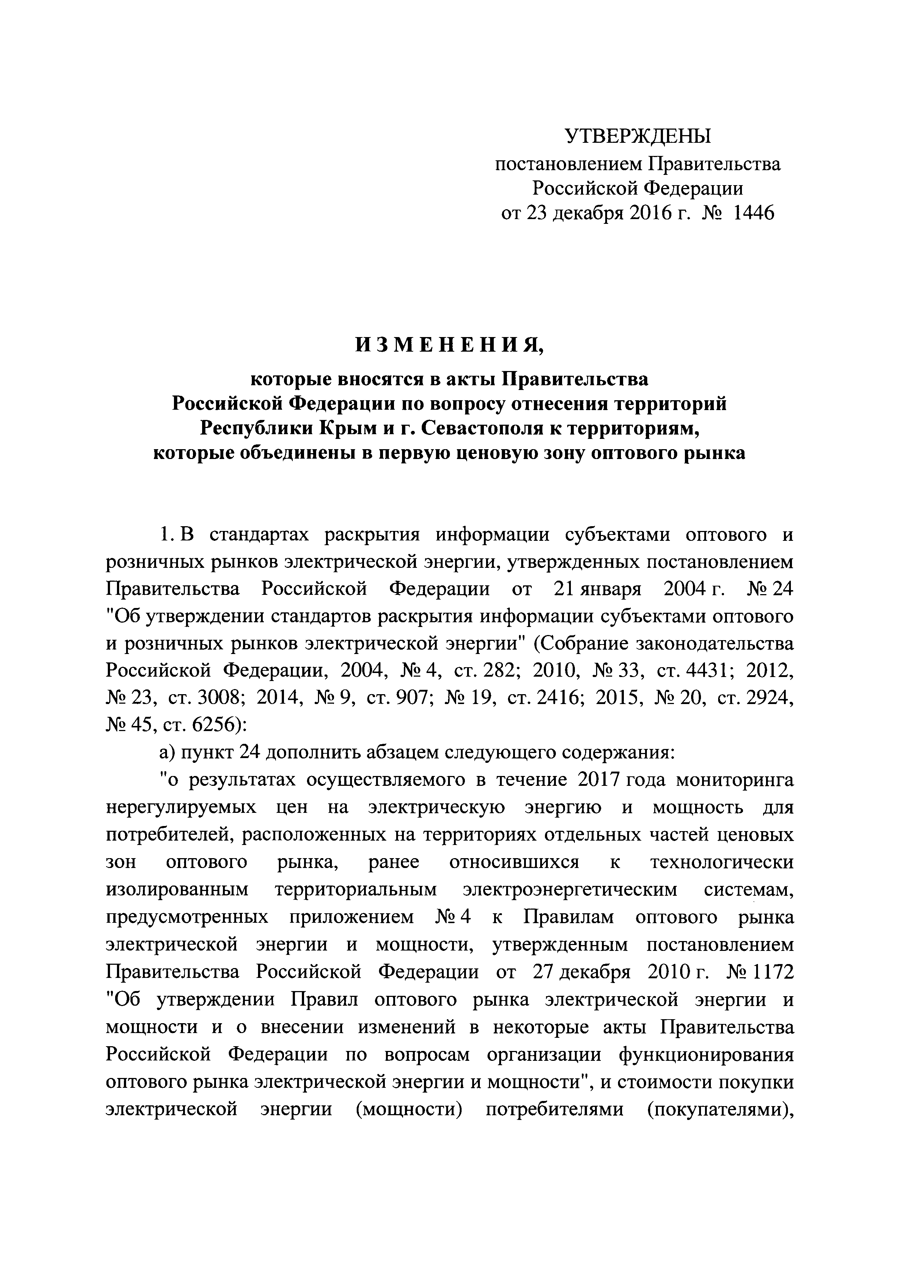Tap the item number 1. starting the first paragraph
tap(167, 535)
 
